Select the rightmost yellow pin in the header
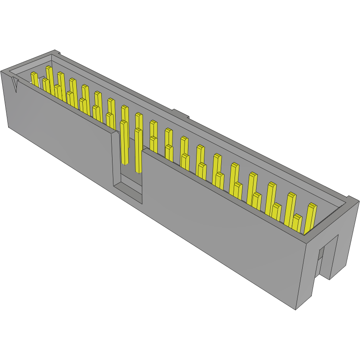310,218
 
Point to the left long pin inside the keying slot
124,142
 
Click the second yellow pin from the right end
297,222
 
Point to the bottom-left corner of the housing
9,127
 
